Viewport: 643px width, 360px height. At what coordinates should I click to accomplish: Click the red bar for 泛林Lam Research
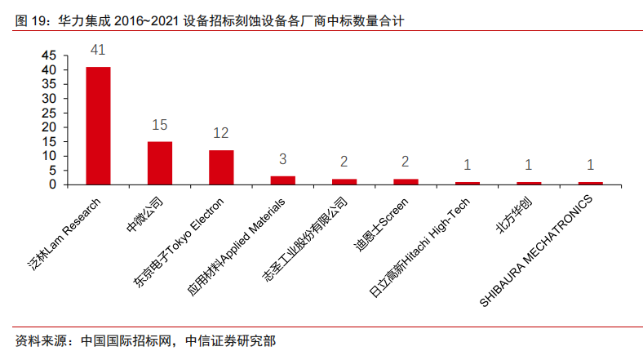point(98,126)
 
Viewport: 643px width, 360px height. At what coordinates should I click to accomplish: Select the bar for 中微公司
point(160,162)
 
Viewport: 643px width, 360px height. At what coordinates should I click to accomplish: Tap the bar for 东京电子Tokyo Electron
point(221,167)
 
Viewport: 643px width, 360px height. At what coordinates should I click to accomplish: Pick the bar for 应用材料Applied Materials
point(283,180)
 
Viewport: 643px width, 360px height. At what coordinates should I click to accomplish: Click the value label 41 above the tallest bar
point(98,51)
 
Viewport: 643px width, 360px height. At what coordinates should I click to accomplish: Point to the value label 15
point(160,125)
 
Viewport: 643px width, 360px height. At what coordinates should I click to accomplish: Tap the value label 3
point(283,159)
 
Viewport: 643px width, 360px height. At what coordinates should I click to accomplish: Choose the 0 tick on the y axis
point(52,184)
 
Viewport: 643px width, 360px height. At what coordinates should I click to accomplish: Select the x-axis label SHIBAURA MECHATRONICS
point(539,249)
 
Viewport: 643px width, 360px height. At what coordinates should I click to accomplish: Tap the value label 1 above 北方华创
point(529,165)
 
